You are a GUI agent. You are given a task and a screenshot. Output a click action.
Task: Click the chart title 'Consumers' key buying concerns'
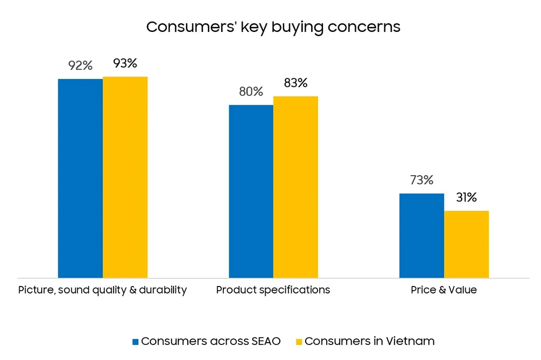273,27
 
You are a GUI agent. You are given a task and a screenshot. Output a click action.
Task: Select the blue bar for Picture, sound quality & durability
80,178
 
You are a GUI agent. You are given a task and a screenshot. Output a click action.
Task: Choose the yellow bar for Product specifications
295,187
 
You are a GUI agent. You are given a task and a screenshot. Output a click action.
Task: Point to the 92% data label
80,66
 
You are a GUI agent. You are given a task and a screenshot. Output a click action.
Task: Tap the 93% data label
125,63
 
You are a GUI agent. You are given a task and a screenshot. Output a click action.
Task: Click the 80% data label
251,92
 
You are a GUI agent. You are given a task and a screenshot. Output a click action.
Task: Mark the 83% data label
295,83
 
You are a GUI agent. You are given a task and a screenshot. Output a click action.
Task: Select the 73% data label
421,181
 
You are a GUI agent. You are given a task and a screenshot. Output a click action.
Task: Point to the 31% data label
466,198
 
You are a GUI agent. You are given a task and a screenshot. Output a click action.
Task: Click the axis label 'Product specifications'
273,290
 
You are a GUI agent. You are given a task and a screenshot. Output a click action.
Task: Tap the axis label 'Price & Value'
444,290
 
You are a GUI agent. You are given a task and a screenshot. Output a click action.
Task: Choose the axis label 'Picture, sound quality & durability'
102,290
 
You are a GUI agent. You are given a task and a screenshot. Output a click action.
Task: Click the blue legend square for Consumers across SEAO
136,342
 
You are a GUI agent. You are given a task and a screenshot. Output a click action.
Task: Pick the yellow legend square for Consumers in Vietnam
299,342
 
